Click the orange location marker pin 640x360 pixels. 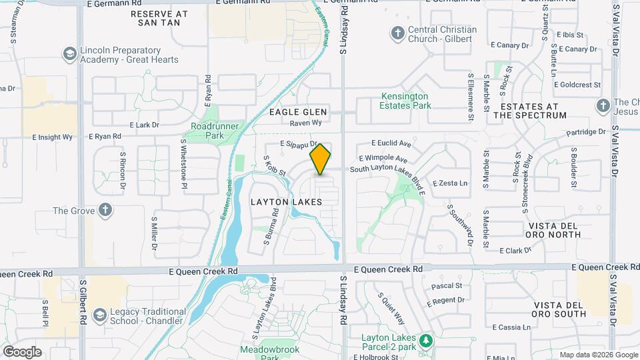point(321,159)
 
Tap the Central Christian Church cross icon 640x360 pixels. point(398,33)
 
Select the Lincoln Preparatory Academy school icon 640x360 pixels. point(69,53)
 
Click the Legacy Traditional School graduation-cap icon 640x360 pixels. point(100,315)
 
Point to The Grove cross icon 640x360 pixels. point(105,211)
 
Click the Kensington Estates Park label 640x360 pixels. point(405,101)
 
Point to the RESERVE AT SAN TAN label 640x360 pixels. point(159,18)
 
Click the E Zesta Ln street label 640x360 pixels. point(450,183)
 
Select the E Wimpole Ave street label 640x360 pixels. point(383,159)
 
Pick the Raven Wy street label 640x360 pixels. point(307,123)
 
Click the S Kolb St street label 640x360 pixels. point(274,166)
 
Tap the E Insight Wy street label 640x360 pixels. point(53,137)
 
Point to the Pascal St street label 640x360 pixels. point(447,286)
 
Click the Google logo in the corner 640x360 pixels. point(22,352)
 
